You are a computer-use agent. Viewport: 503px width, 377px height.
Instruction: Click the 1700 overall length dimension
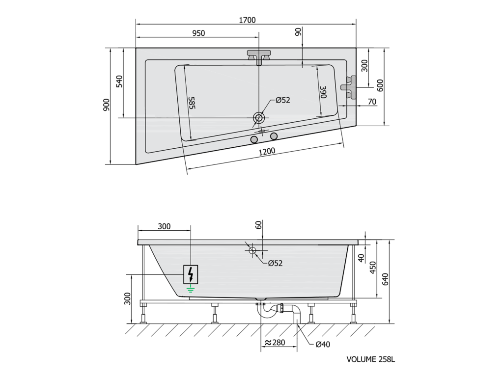pyautogui.click(x=248, y=20)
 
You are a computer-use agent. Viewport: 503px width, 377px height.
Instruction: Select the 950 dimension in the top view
pyautogui.click(x=198, y=33)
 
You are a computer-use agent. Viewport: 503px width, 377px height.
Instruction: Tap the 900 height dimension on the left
pyautogui.click(x=106, y=105)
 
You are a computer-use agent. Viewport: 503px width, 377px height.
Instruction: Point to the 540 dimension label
pyautogui.click(x=119, y=82)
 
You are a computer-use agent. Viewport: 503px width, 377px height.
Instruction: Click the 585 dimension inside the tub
pyautogui.click(x=192, y=103)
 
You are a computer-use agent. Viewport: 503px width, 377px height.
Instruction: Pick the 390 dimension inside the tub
pyautogui.click(x=323, y=92)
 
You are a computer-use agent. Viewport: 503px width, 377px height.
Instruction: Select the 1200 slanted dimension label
pyautogui.click(x=267, y=151)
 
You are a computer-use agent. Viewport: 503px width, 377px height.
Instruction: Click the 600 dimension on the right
pyautogui.click(x=380, y=85)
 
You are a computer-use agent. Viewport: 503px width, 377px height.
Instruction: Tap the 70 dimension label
pyautogui.click(x=372, y=102)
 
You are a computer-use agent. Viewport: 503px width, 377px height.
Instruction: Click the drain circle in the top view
pyautogui.click(x=258, y=118)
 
